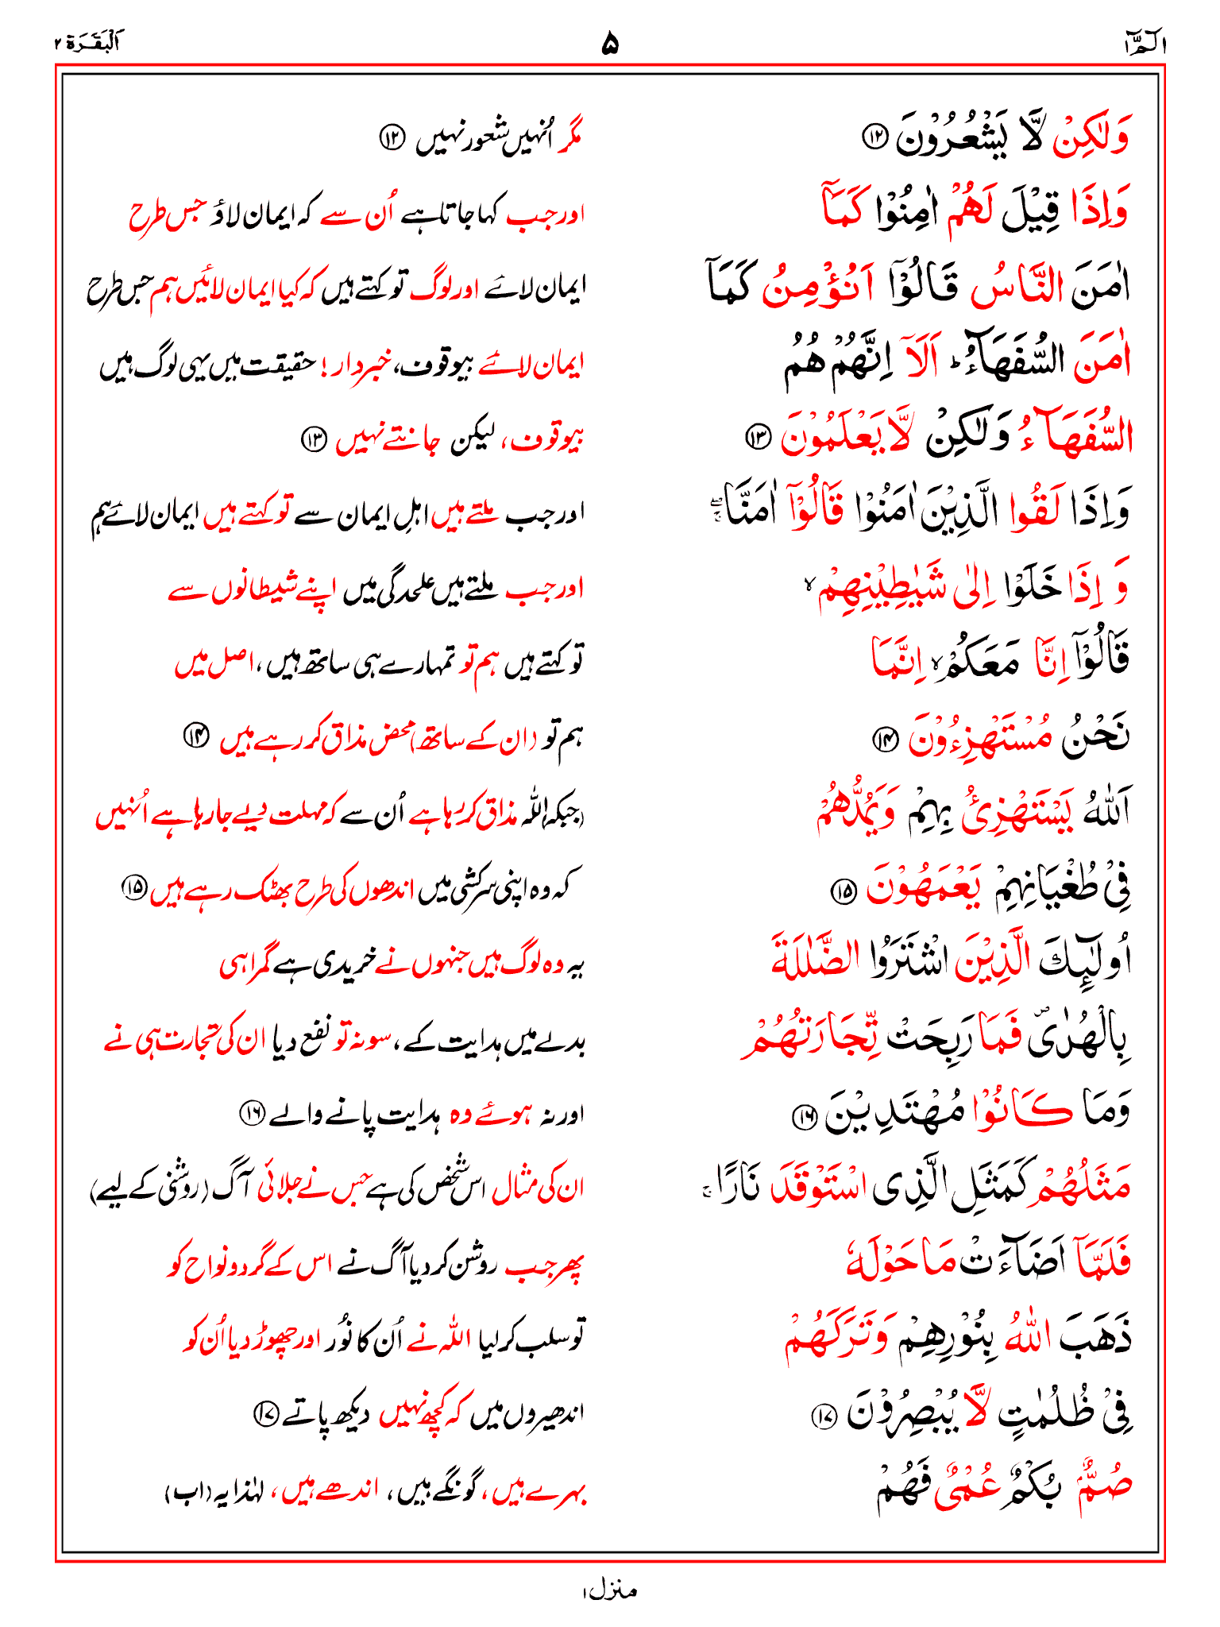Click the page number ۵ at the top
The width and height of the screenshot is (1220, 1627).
pyautogui.click(x=609, y=43)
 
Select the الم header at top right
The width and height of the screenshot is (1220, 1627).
pyautogui.click(x=1144, y=44)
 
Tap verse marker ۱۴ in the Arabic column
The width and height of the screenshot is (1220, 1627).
pyautogui.click(x=884, y=740)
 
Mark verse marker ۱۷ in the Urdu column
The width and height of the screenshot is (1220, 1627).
pyautogui.click(x=264, y=1413)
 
